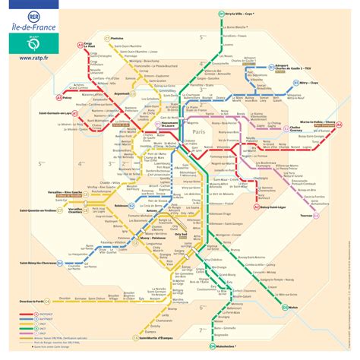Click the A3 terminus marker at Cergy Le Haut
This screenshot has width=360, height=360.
click(77, 46)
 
